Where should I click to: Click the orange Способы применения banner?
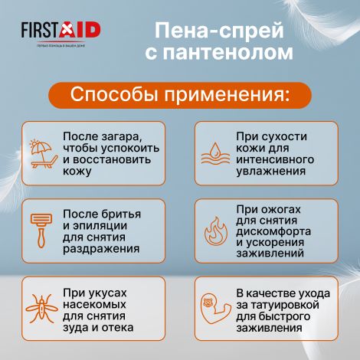tap(180, 96)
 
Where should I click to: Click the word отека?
tap(116, 327)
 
